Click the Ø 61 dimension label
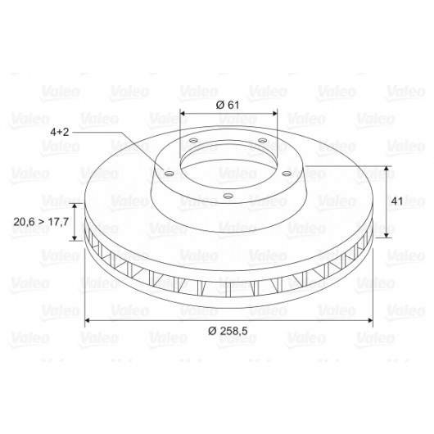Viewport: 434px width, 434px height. click(x=228, y=105)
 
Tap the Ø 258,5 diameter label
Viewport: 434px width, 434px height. click(x=228, y=331)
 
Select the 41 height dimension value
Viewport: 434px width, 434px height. click(x=397, y=201)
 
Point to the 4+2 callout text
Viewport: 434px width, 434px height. click(x=60, y=132)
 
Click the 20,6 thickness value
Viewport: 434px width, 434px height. click(x=24, y=222)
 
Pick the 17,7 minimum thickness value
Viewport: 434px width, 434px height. click(x=58, y=222)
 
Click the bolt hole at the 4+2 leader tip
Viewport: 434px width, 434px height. click(x=169, y=174)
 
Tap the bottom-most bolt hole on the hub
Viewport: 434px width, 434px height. click(x=228, y=196)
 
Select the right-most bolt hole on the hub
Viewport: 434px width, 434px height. click(x=287, y=174)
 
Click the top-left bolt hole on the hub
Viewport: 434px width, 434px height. click(x=193, y=140)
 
